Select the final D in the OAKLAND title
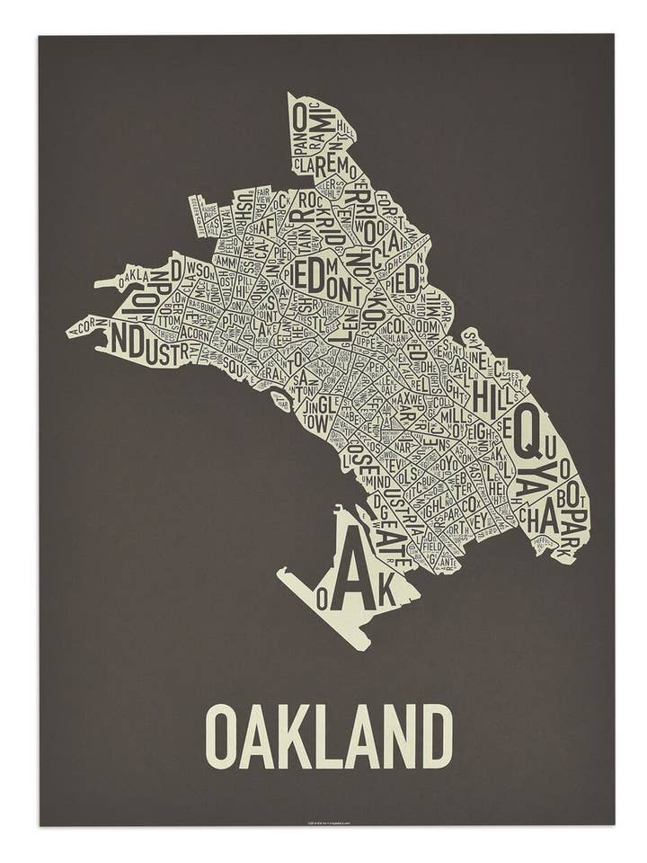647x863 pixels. [437, 736]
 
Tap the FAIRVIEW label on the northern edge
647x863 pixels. [262, 195]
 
